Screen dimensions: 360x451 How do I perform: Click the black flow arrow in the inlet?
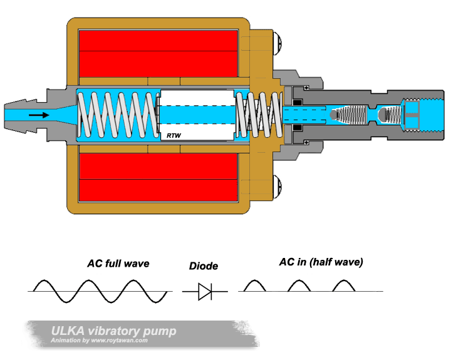[38, 115]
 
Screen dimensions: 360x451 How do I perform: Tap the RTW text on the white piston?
[173, 135]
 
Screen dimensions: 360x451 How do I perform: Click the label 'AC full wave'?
[118, 264]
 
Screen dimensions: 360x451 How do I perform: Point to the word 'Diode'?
[204, 266]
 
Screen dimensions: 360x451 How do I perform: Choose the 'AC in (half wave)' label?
[321, 262]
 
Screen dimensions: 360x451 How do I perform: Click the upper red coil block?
[158, 51]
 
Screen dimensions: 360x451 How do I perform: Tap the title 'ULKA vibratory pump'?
[113, 331]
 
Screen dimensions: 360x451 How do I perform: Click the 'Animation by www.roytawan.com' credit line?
[100, 341]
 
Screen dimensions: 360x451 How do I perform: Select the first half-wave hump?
[254, 285]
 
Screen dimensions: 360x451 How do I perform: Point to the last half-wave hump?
[343, 285]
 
